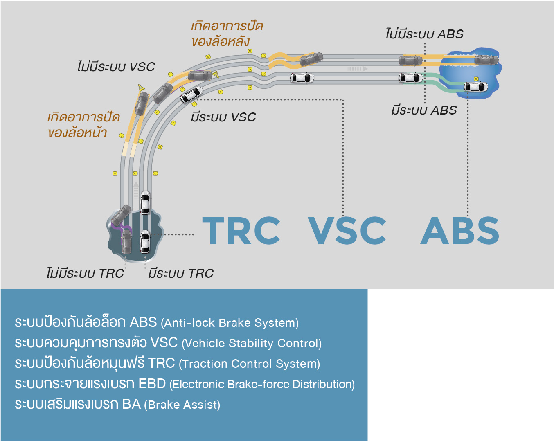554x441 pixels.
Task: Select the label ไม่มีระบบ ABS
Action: pos(424,34)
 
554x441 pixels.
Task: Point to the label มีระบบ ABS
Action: pos(424,110)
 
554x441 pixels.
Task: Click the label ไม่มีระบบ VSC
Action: pos(116,67)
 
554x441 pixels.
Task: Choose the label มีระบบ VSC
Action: pos(223,117)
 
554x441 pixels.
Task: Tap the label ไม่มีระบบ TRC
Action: pos(85,273)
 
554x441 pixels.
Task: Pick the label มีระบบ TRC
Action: pos(181,273)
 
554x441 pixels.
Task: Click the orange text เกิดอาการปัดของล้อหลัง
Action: pos(227,34)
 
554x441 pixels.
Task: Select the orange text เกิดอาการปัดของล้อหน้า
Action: pos(83,125)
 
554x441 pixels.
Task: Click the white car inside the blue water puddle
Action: pos(476,87)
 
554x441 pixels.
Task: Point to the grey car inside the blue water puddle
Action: pos(486,60)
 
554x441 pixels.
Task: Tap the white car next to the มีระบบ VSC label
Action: pos(191,94)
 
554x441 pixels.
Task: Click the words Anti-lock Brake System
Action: pos(230,323)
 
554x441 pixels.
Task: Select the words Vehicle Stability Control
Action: pos(252,343)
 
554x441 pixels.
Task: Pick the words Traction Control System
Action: pos(249,364)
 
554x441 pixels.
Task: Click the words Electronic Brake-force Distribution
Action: pos(262,384)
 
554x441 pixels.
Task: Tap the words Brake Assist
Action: pos(182,405)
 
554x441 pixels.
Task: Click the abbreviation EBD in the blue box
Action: pos(152,384)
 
